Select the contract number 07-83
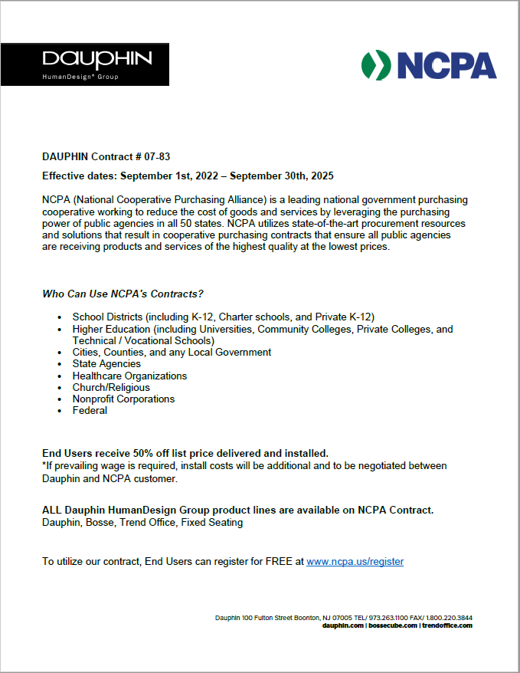[x=155, y=156]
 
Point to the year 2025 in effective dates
[x=322, y=176]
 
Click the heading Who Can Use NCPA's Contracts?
[x=123, y=294]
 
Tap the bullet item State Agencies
[x=106, y=364]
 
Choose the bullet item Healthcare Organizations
[x=129, y=376]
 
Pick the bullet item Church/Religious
[x=111, y=387]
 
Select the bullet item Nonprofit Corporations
[x=123, y=399]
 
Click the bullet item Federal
[x=90, y=410]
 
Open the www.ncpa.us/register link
[x=355, y=562]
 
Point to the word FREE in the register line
[x=277, y=562]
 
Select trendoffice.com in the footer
[x=447, y=625]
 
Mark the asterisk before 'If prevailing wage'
[x=44, y=465]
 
